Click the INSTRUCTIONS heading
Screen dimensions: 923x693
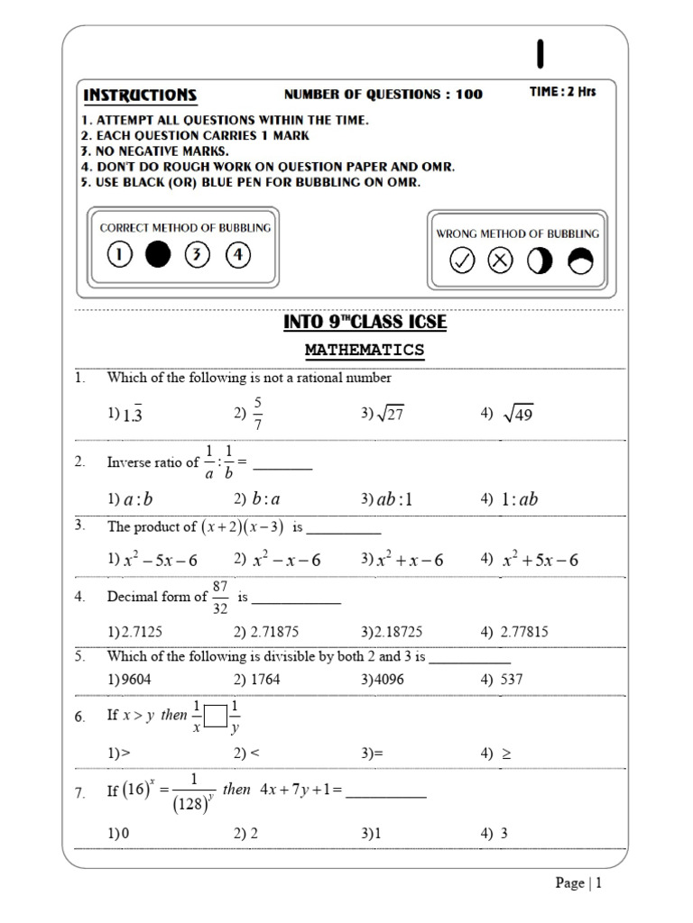(139, 95)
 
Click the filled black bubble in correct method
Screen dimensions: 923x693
(158, 255)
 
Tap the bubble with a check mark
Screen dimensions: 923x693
(462, 260)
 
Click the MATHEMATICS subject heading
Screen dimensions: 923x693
(365, 349)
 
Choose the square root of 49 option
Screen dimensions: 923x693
(519, 413)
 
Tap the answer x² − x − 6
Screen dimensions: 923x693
(286, 560)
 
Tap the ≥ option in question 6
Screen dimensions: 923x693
(506, 752)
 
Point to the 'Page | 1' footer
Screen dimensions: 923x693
(577, 883)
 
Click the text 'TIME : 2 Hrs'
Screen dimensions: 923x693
(562, 92)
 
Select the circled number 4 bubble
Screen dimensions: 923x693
(237, 255)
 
